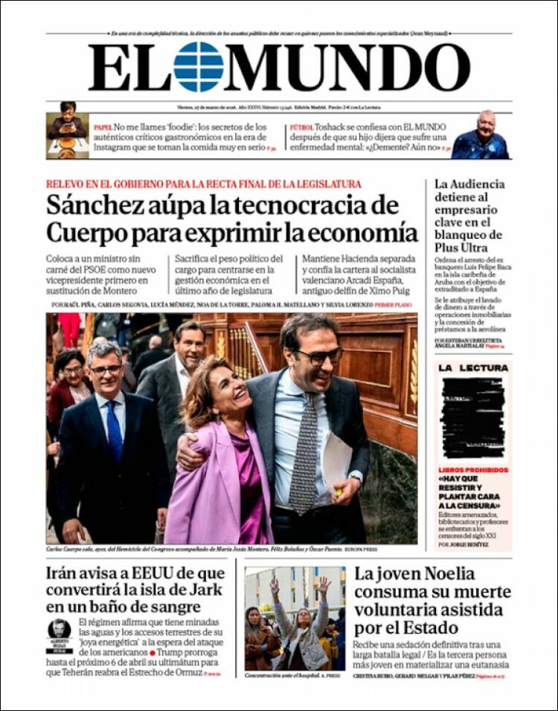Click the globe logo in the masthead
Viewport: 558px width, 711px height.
tap(199, 67)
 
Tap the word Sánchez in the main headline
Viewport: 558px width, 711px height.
tap(93, 205)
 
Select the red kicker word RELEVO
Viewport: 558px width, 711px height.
tap(66, 184)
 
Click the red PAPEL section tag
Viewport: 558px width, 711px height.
tap(103, 128)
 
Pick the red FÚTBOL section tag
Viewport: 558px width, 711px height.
tap(301, 128)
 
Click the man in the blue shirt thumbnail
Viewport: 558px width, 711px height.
tap(481, 135)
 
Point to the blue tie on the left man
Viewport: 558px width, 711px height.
tap(113, 431)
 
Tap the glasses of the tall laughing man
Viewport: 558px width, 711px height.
tap(319, 356)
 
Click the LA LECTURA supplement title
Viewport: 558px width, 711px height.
tap(473, 368)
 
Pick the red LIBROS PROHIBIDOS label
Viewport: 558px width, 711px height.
tap(473, 470)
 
